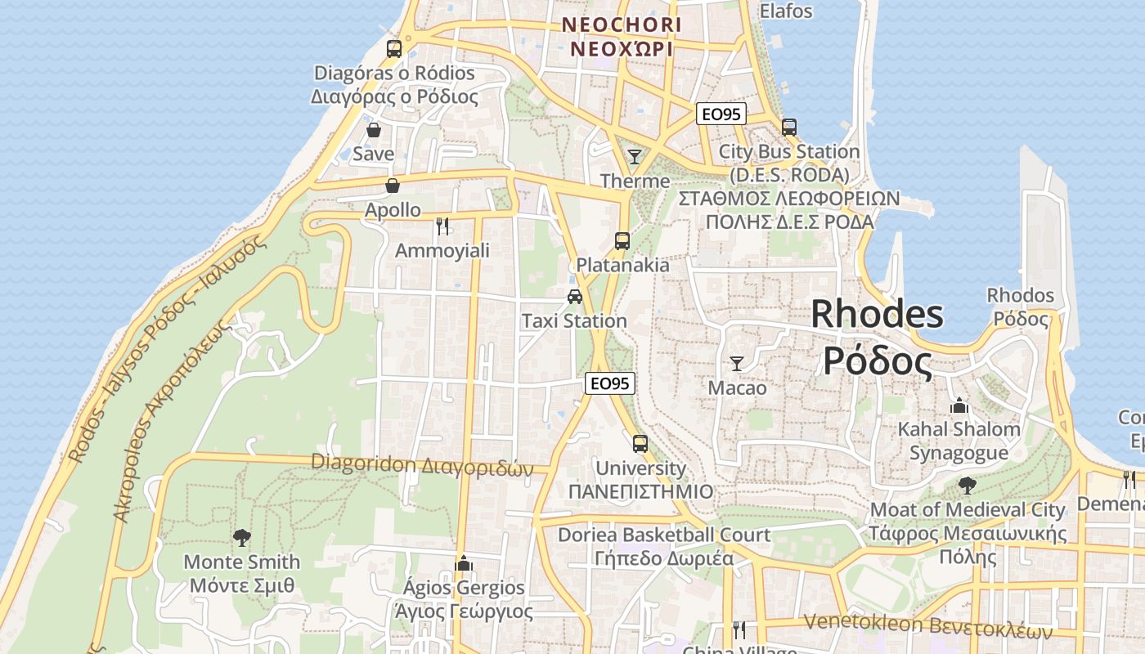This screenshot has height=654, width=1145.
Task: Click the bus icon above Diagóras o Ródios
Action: coord(394,49)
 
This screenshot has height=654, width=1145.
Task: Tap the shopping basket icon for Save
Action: coord(374,130)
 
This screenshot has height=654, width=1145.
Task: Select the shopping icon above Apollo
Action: coord(393,186)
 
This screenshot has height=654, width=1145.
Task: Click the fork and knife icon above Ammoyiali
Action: coord(442,226)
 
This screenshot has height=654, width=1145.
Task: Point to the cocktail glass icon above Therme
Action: coord(635,156)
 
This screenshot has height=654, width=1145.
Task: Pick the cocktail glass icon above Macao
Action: coord(737,363)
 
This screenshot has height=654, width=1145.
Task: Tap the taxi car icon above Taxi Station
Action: coord(575,296)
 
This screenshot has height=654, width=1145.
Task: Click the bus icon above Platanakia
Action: coord(622,240)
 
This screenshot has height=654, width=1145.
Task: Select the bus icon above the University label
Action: coord(640,444)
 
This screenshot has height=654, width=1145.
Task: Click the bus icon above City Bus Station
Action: coord(789,128)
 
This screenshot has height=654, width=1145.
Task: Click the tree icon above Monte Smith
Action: coord(241,537)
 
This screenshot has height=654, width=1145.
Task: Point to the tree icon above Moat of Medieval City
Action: coord(968,486)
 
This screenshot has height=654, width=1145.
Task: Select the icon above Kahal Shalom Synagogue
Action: coord(959,405)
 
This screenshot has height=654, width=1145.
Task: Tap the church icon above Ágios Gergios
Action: coord(464,562)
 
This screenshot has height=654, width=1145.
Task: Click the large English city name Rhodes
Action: coord(877,315)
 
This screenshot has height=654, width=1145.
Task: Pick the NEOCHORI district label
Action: coord(622,25)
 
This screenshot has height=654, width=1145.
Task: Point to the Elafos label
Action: coord(786,11)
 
